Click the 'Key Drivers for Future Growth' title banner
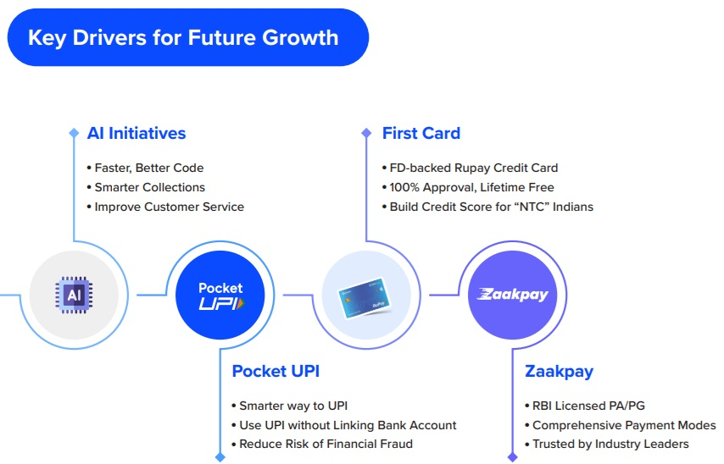coord(188,37)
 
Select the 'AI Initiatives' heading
coord(136,133)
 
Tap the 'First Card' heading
coord(421,133)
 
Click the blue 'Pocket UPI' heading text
coord(276,372)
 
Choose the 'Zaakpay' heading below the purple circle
coord(560,372)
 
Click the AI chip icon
coord(74,295)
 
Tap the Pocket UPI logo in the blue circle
coord(220,296)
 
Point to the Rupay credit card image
coord(365,296)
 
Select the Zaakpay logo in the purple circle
coord(513,294)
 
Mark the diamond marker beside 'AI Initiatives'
coord(74,133)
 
